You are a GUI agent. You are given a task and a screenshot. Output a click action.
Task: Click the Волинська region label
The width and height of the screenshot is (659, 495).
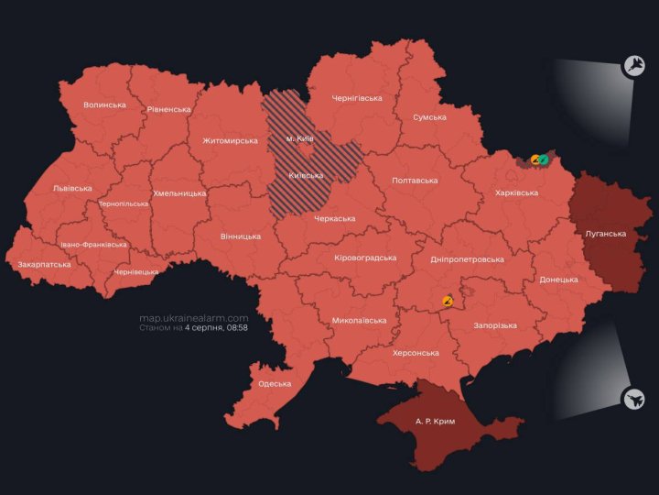pyautogui.click(x=104, y=105)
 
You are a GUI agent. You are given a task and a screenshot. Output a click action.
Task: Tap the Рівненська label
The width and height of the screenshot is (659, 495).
pyautogui.click(x=168, y=109)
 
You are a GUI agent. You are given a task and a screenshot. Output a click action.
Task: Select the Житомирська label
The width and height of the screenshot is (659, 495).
pyautogui.click(x=231, y=141)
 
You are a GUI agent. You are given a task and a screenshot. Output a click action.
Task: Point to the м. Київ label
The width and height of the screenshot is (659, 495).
pyautogui.click(x=300, y=137)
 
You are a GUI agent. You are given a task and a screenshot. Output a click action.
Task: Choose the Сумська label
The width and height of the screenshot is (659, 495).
pyautogui.click(x=429, y=117)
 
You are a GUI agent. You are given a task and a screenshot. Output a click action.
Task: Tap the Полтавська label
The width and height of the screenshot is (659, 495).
pyautogui.click(x=415, y=181)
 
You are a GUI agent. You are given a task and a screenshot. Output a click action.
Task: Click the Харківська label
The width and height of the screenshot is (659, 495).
pyautogui.click(x=516, y=193)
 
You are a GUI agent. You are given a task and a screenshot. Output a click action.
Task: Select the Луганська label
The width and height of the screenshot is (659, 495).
pyautogui.click(x=605, y=234)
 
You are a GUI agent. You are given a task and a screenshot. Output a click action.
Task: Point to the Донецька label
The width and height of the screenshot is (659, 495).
pyautogui.click(x=558, y=280)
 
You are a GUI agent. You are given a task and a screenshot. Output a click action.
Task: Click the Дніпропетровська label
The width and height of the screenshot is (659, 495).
pyautogui.click(x=467, y=259)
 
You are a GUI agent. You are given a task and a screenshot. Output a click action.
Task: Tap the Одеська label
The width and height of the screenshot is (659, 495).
pyautogui.click(x=275, y=384)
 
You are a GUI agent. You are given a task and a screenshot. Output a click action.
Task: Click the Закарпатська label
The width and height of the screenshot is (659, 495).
pyautogui.click(x=44, y=265)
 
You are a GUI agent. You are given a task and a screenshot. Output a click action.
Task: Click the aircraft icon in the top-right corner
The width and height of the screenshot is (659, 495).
pyautogui.click(x=632, y=65)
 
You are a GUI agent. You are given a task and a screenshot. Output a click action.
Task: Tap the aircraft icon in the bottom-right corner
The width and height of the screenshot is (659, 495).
pyautogui.click(x=632, y=399)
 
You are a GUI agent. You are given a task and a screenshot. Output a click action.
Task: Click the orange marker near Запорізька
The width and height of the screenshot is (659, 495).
pyautogui.click(x=448, y=300)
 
